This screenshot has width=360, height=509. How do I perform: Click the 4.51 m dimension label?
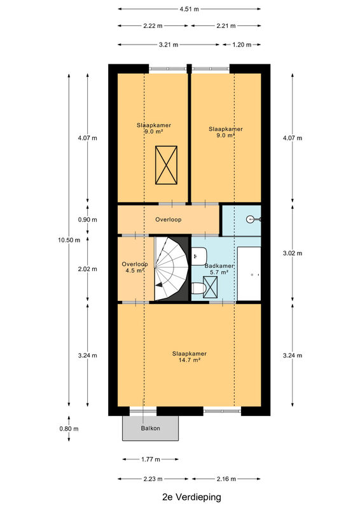tap(190, 9)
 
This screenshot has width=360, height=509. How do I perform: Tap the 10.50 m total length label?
tap(69, 241)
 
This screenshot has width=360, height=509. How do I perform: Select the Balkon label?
tap(150, 428)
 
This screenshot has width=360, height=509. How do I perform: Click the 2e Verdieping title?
tap(191, 497)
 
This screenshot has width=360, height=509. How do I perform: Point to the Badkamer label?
tap(219, 266)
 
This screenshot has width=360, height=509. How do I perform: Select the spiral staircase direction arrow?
tap(159, 284)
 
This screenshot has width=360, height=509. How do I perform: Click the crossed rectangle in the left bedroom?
tap(166, 165)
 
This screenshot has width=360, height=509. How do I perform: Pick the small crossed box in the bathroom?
tap(211, 287)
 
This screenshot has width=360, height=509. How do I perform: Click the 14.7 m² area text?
tap(190, 359)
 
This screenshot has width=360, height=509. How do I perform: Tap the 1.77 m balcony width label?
tap(151, 459)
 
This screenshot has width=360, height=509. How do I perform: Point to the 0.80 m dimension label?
tap(69, 428)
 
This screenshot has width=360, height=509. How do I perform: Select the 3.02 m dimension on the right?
tap(293, 253)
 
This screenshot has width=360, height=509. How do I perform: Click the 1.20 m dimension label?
tap(242, 45)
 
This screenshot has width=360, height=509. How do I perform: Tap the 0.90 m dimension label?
tap(87, 220)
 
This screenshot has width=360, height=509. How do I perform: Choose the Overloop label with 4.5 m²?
tap(135, 267)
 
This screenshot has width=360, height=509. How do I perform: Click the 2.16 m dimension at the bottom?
tap(226, 479)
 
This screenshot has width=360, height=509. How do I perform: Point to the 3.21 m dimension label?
tap(169, 45)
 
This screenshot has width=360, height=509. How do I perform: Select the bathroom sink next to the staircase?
tap(199, 256)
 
